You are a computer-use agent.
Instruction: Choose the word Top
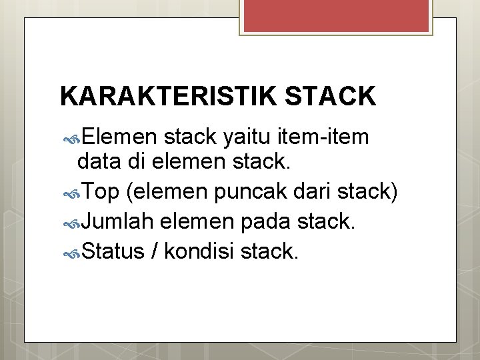click(x=102, y=192)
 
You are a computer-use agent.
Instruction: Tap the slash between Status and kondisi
click(x=155, y=251)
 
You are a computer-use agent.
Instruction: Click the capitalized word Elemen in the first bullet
click(x=119, y=137)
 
